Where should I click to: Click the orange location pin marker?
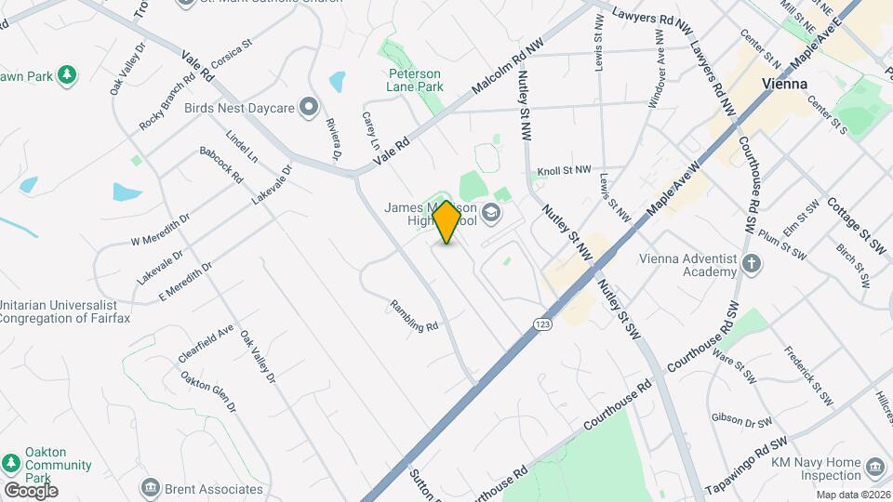pos(446,221)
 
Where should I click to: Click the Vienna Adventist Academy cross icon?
pos(752,264)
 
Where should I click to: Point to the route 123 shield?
pos(540,322)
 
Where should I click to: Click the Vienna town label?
pos(783,83)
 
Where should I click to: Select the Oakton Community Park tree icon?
pos(11,463)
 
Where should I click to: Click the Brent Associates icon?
pos(150,487)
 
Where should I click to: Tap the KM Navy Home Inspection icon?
pos(873,465)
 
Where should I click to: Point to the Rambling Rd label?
pos(414,315)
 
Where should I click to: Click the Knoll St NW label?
pos(564,171)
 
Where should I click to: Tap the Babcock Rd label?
pos(220,164)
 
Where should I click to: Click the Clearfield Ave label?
pos(206,345)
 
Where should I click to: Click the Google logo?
pos(30,490)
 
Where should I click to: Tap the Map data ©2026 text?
pos(852,495)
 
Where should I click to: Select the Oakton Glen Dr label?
pos(208,391)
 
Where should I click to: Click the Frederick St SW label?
pos(809,376)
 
